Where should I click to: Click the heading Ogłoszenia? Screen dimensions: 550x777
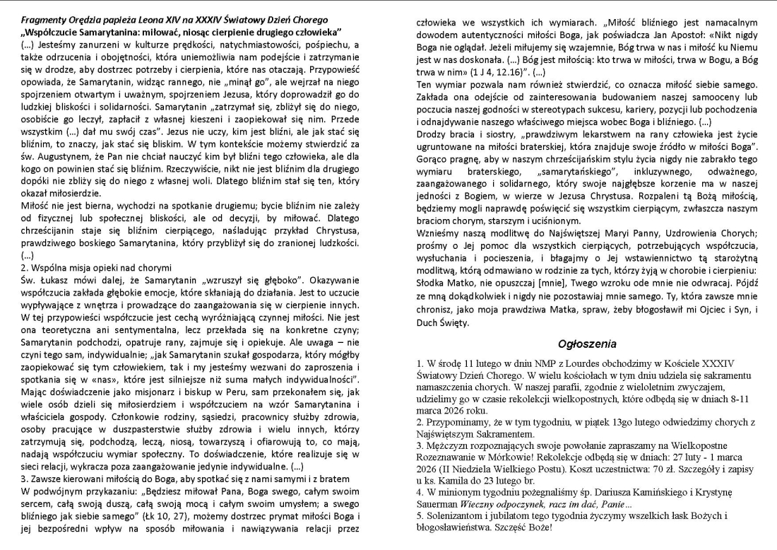pos(588,344)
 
